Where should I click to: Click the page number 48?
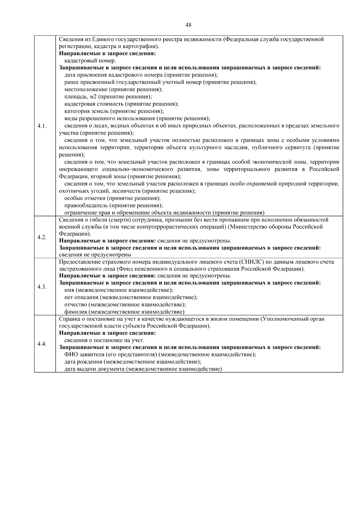click(x=188, y=25)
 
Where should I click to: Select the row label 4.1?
click(x=42, y=126)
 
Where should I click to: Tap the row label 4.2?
click(x=42, y=237)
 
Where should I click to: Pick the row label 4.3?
click(x=42, y=287)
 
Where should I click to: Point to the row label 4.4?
click(x=42, y=344)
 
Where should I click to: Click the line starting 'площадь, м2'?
click(x=108, y=97)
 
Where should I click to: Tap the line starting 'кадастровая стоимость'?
click(x=121, y=104)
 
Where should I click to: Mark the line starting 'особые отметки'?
click(x=112, y=198)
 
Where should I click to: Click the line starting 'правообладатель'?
click(x=114, y=205)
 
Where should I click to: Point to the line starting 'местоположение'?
click(x=114, y=89)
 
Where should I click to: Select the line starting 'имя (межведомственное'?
click(x=119, y=290)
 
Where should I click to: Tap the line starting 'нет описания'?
click(x=131, y=297)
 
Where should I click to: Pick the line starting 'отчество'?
click(x=125, y=304)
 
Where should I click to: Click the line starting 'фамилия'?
click(x=124, y=312)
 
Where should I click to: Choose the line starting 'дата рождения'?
click(x=133, y=362)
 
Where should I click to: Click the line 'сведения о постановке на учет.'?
click(x=104, y=340)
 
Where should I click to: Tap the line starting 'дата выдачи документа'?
click(x=143, y=369)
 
